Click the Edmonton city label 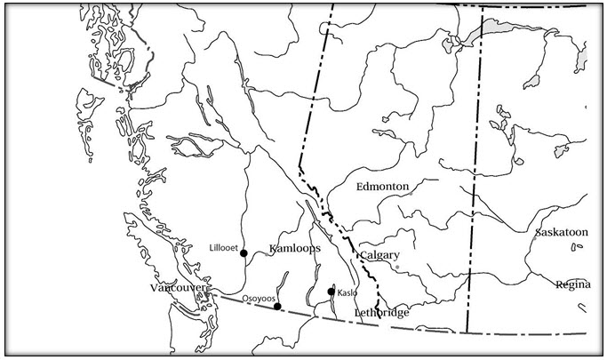tap(381, 187)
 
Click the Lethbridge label tap(381, 313)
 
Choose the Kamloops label tap(294, 251)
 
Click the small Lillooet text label tap(222, 248)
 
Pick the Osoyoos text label tap(258, 299)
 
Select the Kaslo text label tap(347, 292)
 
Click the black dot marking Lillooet tap(244, 252)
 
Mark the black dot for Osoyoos tap(277, 307)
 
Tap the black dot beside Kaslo tap(331, 292)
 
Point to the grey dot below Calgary tap(397, 267)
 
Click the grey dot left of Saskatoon tap(533, 236)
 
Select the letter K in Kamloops tap(273, 251)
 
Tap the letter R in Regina tap(558, 284)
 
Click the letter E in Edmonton tap(359, 187)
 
